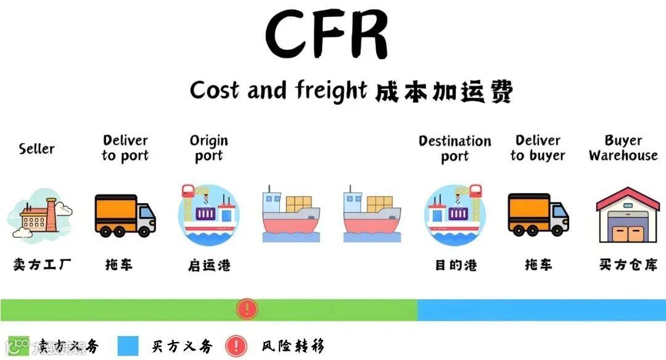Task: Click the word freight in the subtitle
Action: [x=331, y=91]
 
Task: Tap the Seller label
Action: [x=36, y=149]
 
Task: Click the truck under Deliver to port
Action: [x=125, y=215]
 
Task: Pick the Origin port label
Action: [x=208, y=148]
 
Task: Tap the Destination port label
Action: [x=454, y=148]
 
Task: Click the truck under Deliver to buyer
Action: [x=538, y=215]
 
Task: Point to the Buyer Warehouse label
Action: [x=623, y=148]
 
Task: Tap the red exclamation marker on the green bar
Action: [x=247, y=308]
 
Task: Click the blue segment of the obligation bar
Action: [x=541, y=309]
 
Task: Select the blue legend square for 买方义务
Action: [x=128, y=346]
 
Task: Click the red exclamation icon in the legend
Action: [x=236, y=346]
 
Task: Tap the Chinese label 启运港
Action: [x=208, y=266]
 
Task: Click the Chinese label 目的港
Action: [x=456, y=266]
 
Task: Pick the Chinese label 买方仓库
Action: [x=628, y=265]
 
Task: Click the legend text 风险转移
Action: [x=292, y=346]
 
